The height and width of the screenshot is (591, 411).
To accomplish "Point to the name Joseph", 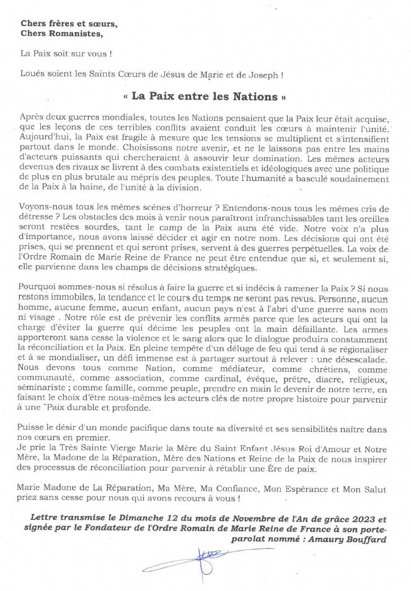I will (268, 75).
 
